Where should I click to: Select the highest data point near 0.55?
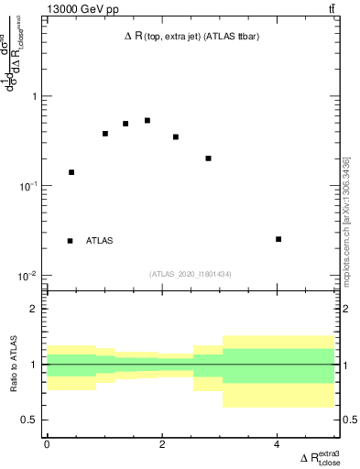(147, 120)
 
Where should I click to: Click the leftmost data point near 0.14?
(71, 172)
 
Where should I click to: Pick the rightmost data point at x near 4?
(278, 239)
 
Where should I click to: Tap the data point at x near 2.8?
(209, 158)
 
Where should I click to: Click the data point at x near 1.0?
(105, 134)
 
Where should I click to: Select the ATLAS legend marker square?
(71, 241)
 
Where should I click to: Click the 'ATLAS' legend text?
(100, 241)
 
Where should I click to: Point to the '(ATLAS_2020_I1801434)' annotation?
(191, 274)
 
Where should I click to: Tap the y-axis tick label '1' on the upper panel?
(34, 96)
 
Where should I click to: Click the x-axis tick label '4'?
(277, 444)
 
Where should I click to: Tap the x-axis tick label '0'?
(47, 444)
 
